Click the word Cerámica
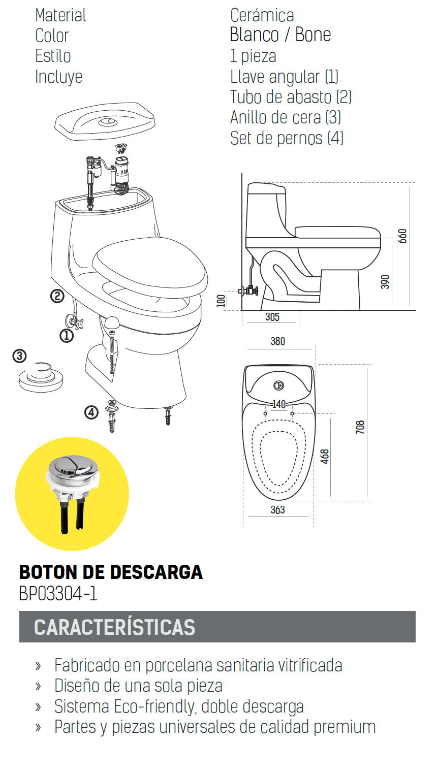pyautogui.click(x=262, y=16)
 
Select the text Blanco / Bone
pyautogui.click(x=280, y=35)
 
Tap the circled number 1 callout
pyautogui.click(x=67, y=336)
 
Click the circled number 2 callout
pyautogui.click(x=57, y=296)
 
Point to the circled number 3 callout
pyautogui.click(x=19, y=356)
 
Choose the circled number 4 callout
pyautogui.click(x=91, y=412)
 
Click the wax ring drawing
pyautogui.click(x=41, y=377)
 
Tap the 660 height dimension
pyautogui.click(x=402, y=236)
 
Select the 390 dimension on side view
pyautogui.click(x=385, y=282)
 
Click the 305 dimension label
pyautogui.click(x=272, y=317)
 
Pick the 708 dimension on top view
pyautogui.click(x=360, y=427)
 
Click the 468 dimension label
pyautogui.click(x=325, y=457)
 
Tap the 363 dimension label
pyautogui.click(x=278, y=509)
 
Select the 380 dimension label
pyautogui.click(x=278, y=341)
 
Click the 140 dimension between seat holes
pyautogui.click(x=279, y=404)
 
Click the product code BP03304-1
pyautogui.click(x=58, y=594)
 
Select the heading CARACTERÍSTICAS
pyautogui.click(x=115, y=627)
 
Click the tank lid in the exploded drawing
pyautogui.click(x=105, y=121)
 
